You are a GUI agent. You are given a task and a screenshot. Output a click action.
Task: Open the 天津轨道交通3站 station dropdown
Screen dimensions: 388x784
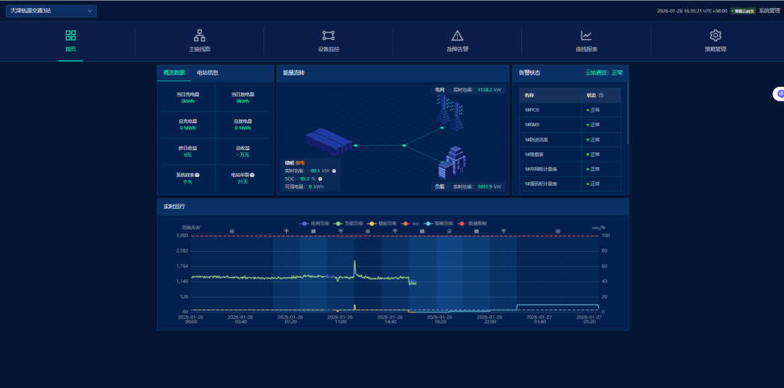tap(51, 11)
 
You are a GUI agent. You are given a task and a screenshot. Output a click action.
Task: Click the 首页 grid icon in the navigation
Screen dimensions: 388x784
tap(70, 36)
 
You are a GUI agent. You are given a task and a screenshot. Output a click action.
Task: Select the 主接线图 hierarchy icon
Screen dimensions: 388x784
tap(200, 36)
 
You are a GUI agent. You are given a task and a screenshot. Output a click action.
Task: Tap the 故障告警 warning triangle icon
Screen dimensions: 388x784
tap(457, 36)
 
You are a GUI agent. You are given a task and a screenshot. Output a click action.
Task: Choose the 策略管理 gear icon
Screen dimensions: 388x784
tap(715, 36)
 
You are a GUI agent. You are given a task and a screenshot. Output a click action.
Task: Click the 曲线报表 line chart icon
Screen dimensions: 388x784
tap(587, 36)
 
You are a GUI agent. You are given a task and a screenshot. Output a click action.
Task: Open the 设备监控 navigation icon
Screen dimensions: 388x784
tap(328, 36)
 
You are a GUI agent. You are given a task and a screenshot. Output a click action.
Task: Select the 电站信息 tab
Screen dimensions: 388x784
tap(208, 73)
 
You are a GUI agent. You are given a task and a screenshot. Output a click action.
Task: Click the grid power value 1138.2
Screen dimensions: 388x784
tap(485, 90)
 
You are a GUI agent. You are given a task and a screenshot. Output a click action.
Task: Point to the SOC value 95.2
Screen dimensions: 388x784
tap(304, 178)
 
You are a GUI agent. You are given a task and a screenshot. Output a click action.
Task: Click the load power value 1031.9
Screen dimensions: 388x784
tap(484, 187)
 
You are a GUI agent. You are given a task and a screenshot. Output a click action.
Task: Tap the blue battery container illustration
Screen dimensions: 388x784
tap(327, 141)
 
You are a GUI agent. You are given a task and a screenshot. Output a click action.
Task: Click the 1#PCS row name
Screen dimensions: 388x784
tap(532, 110)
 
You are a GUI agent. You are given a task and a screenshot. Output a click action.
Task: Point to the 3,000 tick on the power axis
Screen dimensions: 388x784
tap(181, 236)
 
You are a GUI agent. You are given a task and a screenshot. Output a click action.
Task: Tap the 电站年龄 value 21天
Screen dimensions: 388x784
tap(242, 181)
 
